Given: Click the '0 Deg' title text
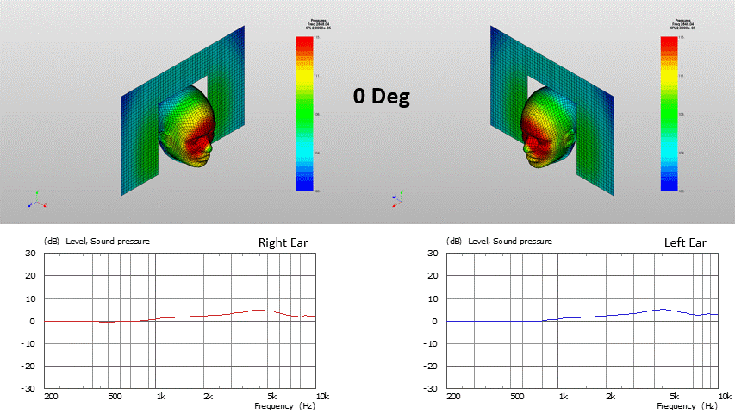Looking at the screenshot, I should (381, 96).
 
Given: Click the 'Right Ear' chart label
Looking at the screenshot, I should (283, 242).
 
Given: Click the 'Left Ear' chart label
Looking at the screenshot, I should (685, 242).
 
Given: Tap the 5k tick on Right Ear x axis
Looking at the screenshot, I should (271, 397).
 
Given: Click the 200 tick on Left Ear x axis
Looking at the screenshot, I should (453, 397).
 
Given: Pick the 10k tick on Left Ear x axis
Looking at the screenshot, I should (713, 397).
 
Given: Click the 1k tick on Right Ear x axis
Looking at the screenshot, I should (161, 397).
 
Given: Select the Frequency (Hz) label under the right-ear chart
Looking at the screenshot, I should (284, 405).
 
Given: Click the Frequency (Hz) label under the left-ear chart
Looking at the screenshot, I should (687, 405).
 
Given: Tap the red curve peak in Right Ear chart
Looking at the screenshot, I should (258, 310).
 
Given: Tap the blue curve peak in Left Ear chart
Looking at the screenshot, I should (662, 309).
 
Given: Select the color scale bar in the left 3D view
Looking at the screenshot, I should (303, 113).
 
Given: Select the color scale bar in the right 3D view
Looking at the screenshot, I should (669, 113).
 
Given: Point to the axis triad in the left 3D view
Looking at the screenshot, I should (36, 201).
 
